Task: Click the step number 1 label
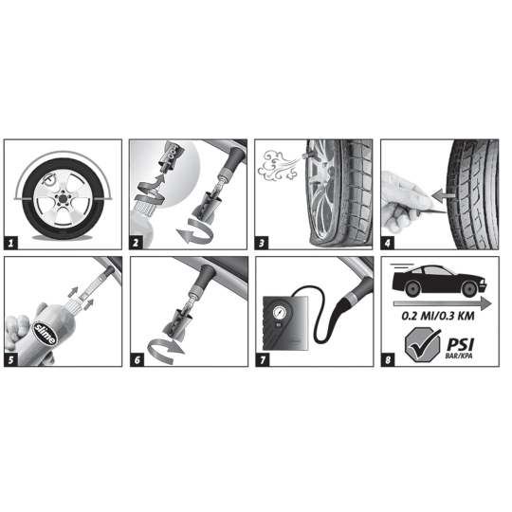12,242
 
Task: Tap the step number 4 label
389,242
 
